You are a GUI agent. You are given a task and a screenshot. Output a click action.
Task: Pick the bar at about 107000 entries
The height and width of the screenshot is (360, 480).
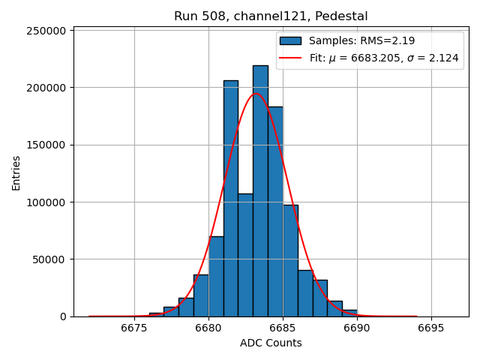point(245,255)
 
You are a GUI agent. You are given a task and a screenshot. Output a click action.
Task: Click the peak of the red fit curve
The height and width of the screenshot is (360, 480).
point(256,93)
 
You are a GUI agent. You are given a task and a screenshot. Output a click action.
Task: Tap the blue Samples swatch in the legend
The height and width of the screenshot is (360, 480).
point(290,40)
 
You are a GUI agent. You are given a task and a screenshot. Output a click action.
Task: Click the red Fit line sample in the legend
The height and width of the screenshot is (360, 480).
point(290,58)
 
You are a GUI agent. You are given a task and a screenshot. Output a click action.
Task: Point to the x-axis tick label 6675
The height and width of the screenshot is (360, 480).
point(134,328)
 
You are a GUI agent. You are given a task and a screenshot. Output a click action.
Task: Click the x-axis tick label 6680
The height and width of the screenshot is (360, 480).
point(208,328)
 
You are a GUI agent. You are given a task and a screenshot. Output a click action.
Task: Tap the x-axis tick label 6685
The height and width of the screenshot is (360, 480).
point(283,328)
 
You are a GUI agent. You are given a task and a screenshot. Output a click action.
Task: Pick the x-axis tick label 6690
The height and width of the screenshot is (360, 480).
point(357,328)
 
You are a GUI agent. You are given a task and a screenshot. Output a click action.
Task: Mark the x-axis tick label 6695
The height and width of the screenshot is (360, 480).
point(431,328)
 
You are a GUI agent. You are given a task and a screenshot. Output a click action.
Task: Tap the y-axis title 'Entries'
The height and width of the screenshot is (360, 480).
point(16,173)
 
